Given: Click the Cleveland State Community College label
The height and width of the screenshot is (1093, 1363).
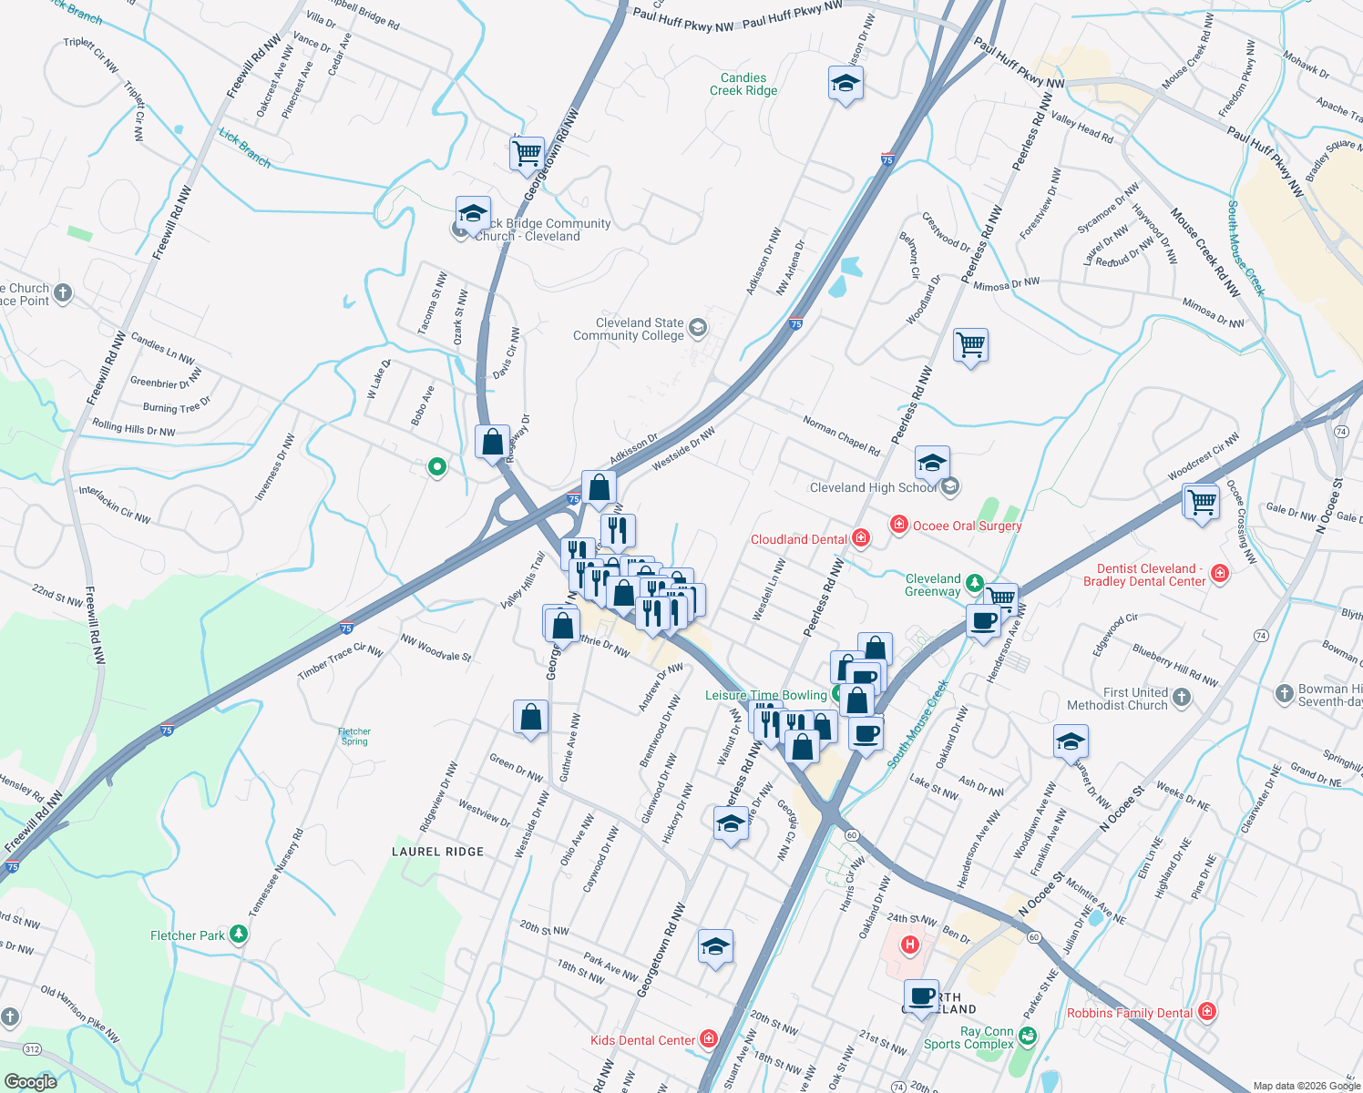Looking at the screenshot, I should pos(629,330).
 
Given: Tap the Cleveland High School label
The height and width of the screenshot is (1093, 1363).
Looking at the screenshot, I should pos(873,488).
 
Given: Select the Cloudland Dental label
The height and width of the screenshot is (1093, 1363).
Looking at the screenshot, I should pos(799,540).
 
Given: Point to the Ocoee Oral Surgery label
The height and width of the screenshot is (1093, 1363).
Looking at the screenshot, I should pos(967,526).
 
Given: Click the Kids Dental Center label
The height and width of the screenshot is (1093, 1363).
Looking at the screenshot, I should pos(643,1040).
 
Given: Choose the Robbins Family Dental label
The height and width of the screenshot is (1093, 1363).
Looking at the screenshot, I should pos(1130,1013).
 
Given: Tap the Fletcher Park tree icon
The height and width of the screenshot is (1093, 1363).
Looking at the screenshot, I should pos(239,935).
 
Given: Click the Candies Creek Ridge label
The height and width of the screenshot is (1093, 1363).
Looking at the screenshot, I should pos(743,85).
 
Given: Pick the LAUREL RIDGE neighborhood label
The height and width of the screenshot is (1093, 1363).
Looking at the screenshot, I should pos(438,852).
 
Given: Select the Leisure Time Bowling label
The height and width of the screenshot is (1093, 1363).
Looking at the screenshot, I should pos(766,695).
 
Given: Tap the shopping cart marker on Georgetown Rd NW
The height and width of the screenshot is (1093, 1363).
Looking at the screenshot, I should pos(527,154).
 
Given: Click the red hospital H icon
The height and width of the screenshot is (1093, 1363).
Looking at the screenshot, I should pos(909,945).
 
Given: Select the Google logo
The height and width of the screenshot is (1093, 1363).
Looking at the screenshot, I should pos(31,1081).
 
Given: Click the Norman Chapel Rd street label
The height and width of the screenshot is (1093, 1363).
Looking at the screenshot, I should pos(841,435).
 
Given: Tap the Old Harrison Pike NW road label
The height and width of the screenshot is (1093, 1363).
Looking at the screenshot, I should pos(80,1014).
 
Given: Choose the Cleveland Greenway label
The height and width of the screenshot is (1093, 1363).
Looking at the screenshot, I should pos(933,585).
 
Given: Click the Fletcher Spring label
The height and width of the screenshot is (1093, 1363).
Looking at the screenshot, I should pos(354,736).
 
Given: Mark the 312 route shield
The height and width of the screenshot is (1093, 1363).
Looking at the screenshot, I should pos(33,1049).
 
